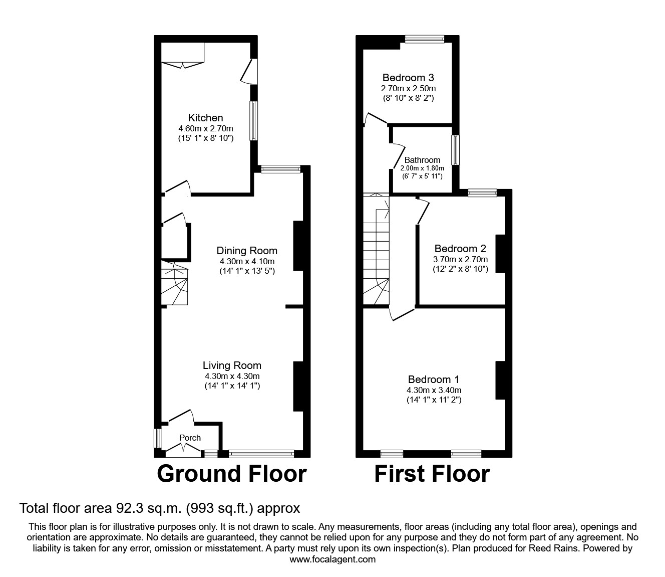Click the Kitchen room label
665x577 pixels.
(205, 118)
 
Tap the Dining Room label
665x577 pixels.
(246, 251)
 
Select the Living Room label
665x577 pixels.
(232, 366)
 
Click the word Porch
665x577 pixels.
(190, 438)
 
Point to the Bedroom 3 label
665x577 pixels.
(408, 78)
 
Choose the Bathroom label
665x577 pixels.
(422, 160)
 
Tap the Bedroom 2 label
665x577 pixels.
(460, 249)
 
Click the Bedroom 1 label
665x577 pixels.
(433, 379)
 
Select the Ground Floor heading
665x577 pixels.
(231, 474)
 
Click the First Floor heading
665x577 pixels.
(432, 474)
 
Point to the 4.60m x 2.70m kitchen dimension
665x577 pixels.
(205, 128)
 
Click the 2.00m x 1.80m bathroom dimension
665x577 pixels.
(422, 168)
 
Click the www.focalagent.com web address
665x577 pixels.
(332, 559)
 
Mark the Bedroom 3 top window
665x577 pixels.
(424, 39)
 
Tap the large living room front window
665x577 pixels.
(261, 454)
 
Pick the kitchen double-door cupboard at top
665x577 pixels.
(183, 54)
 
